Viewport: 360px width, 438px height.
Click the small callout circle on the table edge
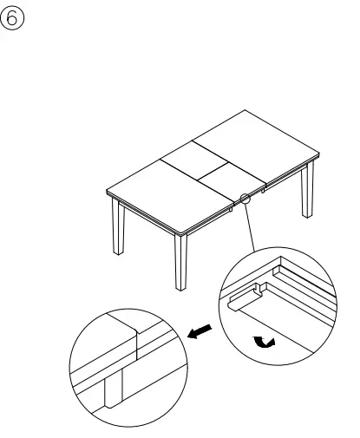pos(245,199)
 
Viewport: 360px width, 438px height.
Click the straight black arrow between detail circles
pos(200,330)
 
